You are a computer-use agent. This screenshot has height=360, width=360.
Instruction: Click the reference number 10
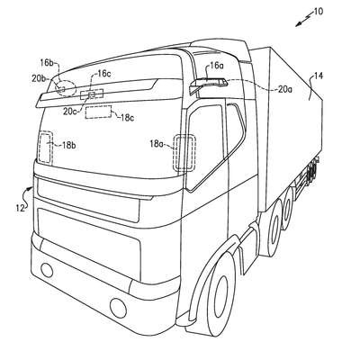(x=319, y=12)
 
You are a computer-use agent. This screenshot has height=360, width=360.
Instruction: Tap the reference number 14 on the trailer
(x=319, y=76)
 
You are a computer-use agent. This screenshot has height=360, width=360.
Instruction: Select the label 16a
(x=216, y=66)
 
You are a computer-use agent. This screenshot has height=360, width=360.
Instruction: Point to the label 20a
(x=284, y=89)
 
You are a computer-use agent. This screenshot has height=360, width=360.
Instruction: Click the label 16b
(x=47, y=63)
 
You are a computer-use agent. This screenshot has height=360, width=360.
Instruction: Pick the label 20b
(x=39, y=78)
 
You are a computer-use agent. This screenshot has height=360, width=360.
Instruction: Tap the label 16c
(x=103, y=74)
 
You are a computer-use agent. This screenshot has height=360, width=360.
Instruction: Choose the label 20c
(x=69, y=112)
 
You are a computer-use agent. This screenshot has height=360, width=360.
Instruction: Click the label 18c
(x=127, y=118)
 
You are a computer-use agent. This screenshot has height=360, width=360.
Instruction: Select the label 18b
(x=68, y=145)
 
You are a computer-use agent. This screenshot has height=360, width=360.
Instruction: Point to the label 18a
(x=157, y=144)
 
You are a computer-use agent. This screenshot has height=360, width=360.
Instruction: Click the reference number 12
(x=20, y=208)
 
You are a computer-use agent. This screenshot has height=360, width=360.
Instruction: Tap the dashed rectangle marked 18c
(x=99, y=112)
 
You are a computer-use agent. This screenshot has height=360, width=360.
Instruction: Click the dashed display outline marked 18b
(x=45, y=148)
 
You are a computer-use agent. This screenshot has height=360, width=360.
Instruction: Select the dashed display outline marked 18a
(x=184, y=153)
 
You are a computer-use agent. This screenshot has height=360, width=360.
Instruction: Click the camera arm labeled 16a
(x=208, y=84)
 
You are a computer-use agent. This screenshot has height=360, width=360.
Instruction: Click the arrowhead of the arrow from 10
(x=297, y=25)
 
